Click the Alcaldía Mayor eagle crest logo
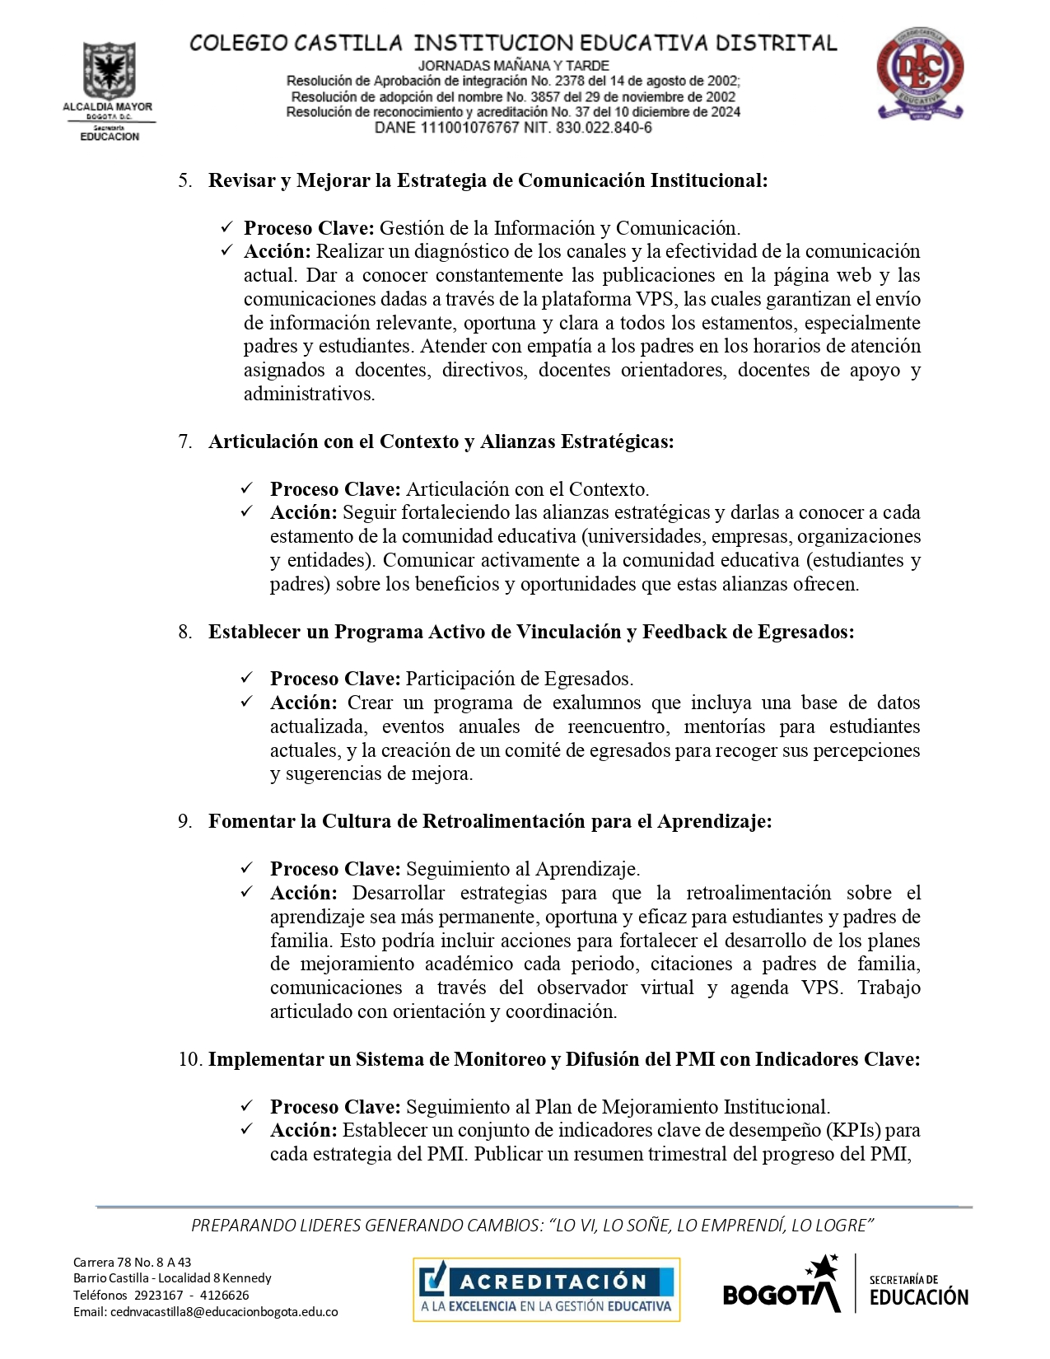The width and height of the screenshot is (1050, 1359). (x=108, y=72)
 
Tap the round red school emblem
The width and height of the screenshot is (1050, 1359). (x=919, y=72)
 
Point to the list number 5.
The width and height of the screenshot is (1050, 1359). (x=184, y=180)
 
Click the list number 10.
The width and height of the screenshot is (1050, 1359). (x=189, y=1059)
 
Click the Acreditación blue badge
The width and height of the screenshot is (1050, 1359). (x=546, y=1290)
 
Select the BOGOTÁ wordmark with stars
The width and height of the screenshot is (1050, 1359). (x=782, y=1287)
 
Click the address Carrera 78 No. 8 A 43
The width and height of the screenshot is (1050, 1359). (x=132, y=1262)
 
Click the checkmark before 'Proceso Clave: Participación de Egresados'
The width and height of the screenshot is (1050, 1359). (x=247, y=678)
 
